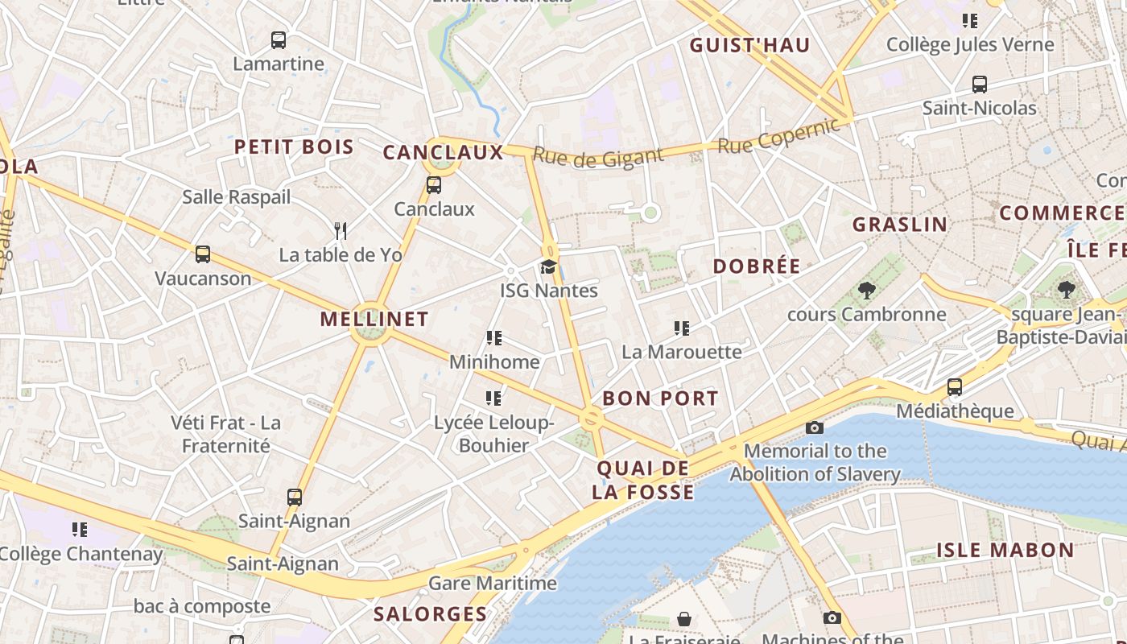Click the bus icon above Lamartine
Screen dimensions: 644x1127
pos(279,39)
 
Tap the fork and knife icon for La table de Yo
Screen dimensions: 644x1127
pos(341,231)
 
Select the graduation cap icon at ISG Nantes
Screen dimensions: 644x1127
pos(548,266)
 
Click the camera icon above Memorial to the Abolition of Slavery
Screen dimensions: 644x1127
pos(815,427)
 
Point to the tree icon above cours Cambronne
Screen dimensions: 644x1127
pos(866,291)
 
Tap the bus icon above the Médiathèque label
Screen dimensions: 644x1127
pos(955,387)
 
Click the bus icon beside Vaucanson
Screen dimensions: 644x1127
pos(203,254)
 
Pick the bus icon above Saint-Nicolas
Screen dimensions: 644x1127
pos(980,84)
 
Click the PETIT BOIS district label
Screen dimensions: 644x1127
pos(294,147)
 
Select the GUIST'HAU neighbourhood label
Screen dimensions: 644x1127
pos(749,46)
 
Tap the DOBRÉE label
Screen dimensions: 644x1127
pos(757,266)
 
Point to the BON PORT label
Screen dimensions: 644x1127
pos(660,398)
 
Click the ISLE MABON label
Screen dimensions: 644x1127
pos(1005,551)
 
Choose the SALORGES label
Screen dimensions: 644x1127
pos(431,614)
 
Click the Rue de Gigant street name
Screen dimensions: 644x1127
pos(598,157)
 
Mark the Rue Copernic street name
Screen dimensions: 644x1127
pos(778,138)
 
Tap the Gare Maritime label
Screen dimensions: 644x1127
pos(493,583)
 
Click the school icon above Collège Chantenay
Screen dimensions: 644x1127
pos(80,529)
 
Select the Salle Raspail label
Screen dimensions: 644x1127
pos(236,197)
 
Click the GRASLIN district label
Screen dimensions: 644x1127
pos(900,225)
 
